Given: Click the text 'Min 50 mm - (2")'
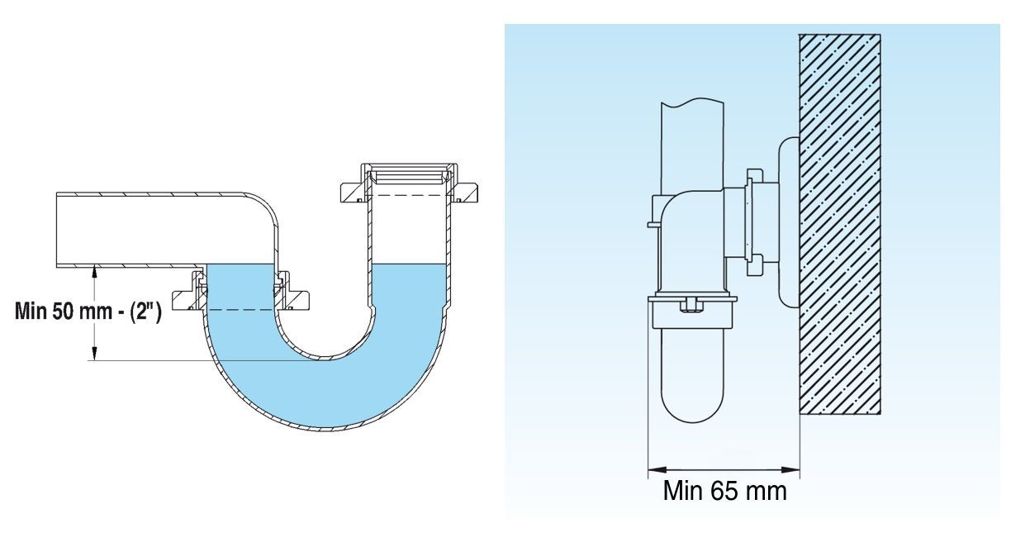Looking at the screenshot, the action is pos(88,311).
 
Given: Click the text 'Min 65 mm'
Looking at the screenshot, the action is pos(725,491).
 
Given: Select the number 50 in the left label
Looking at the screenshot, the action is pos(61,311).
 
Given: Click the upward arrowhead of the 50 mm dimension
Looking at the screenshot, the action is pos(94,272).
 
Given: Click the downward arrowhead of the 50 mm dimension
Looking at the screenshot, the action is pos(94,354).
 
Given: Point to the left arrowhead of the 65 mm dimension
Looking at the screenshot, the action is pos(655,470).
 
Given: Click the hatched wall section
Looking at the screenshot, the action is pos(839,224).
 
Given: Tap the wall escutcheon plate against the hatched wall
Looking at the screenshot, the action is pos(789,222).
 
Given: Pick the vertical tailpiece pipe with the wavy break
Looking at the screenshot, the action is pos(692,149).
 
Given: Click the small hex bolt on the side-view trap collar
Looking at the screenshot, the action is pos(691,305).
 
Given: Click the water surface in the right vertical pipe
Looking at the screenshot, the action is pos(409,265).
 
